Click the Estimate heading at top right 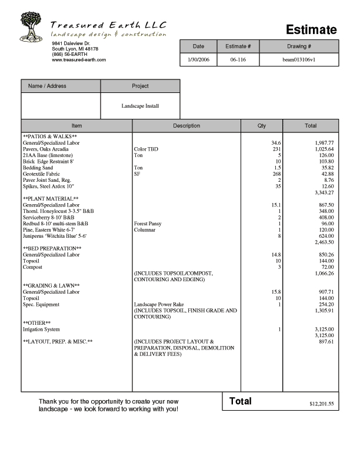tap(311, 30)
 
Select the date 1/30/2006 tap(198, 59)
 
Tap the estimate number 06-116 tap(238, 59)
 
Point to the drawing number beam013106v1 tap(299, 59)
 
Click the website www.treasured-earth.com tap(79, 60)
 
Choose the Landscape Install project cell tap(140, 106)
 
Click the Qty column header tap(262, 126)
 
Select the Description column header tap(186, 126)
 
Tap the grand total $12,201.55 tap(322, 404)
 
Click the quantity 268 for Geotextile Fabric tap(277, 174)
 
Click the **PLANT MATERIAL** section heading tap(51, 199)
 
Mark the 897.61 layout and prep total tap(326, 341)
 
